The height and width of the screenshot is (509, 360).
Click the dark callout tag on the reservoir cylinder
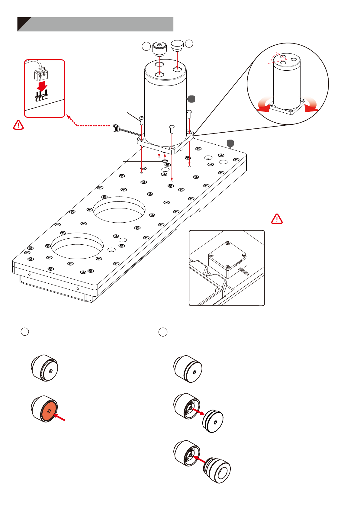click(x=191, y=98)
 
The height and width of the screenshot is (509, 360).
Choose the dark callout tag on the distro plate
click(x=230, y=143)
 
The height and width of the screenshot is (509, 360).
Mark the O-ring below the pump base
click(x=165, y=161)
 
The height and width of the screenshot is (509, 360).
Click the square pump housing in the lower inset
click(x=228, y=259)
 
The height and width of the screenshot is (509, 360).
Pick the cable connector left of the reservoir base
click(x=116, y=128)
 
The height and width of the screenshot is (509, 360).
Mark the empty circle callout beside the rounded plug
click(x=189, y=43)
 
